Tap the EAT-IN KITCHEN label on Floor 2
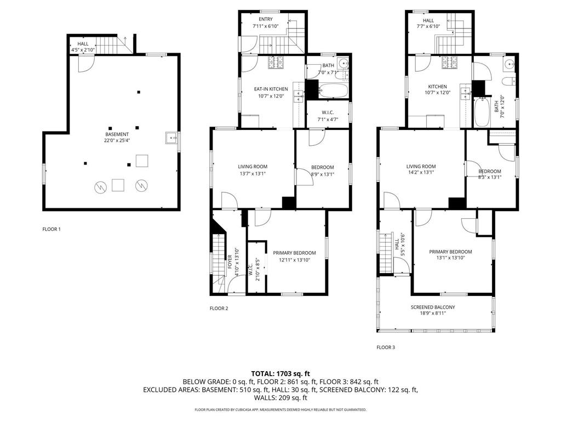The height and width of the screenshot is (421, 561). point(271,89)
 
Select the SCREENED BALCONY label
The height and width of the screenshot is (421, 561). point(433,307)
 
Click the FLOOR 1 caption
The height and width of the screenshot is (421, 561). point(51,229)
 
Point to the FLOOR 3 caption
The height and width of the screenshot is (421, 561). point(386,347)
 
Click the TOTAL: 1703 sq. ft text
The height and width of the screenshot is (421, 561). point(280,373)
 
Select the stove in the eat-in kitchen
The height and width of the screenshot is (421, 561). point(275,62)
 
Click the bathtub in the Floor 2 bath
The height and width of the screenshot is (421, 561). point(333,91)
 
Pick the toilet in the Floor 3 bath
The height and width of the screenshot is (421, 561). point(508,81)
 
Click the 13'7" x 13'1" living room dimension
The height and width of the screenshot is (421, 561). point(253,174)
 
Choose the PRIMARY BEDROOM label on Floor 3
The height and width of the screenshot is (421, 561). point(450,252)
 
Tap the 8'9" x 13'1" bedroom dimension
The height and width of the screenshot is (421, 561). point(322,174)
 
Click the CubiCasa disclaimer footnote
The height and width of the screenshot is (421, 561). point(280,409)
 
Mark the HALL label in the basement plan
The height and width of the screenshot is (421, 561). point(83,43)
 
